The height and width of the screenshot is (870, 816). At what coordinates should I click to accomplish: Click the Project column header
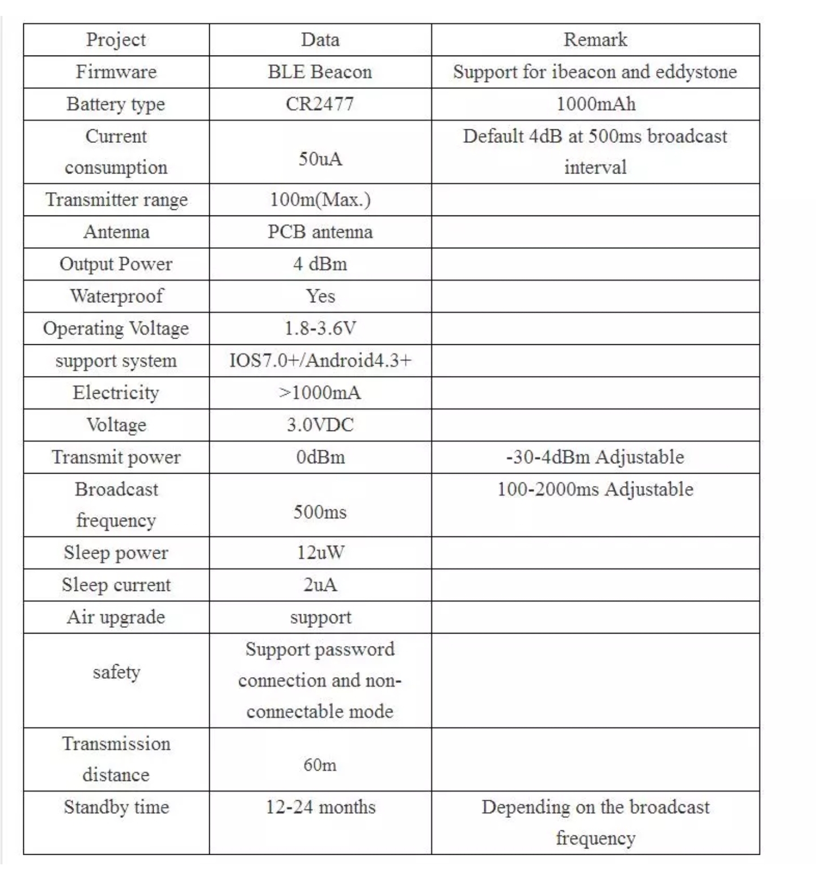116,40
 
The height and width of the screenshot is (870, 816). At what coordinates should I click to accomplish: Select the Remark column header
595,40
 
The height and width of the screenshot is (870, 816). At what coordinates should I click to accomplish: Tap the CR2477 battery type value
320,104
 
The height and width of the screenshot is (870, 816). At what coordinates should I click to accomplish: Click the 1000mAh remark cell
595,104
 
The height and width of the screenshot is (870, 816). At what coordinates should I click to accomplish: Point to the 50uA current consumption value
320,159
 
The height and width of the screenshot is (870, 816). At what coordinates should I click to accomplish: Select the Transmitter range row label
116,200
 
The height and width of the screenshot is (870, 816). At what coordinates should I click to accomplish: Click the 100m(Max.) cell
320,200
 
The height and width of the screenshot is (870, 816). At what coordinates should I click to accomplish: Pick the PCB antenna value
320,232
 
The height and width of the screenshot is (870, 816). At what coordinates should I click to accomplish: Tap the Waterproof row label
116,296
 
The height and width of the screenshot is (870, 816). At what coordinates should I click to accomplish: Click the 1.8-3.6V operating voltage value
320,328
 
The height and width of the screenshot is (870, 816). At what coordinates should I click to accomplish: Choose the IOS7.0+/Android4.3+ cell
320,361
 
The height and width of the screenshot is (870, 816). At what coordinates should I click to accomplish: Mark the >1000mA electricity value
320,392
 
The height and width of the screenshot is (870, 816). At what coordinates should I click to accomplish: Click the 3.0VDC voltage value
320,425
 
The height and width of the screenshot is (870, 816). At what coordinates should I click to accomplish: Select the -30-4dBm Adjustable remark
595,457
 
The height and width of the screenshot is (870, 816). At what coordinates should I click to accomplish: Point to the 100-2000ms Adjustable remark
595,489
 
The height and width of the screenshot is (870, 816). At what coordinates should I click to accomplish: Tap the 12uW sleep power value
320,552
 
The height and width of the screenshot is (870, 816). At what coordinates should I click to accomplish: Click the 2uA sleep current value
320,585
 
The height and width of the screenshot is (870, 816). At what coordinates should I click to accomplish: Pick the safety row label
116,672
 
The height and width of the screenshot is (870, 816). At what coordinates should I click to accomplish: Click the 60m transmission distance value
320,765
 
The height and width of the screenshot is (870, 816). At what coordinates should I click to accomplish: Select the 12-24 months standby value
320,807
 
